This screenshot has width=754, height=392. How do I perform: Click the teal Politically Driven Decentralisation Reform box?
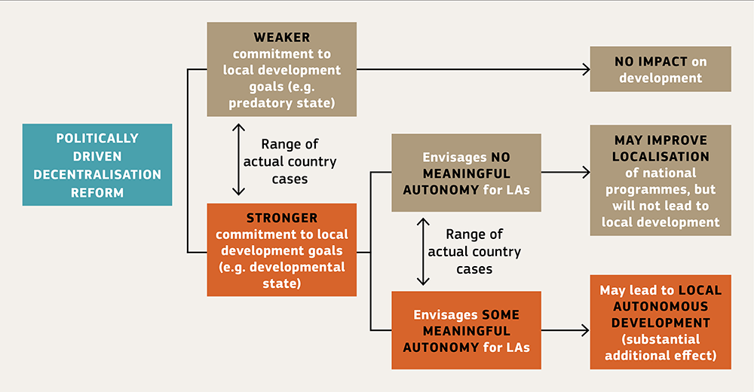97,165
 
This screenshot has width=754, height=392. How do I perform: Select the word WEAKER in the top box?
282,37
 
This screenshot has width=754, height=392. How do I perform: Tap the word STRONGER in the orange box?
282,218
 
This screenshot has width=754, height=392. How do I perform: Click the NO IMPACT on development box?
660,69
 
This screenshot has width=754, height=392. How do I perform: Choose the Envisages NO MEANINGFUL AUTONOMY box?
466,173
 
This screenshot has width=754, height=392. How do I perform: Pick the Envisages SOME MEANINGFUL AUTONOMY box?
466,330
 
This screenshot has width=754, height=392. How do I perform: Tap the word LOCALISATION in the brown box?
661,157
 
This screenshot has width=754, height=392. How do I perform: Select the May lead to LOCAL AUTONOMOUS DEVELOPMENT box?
661,322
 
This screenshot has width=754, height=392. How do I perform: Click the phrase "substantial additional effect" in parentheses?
661,348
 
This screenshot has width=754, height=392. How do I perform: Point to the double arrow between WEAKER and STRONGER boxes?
239,161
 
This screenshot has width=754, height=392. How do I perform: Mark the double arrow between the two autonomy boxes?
423,251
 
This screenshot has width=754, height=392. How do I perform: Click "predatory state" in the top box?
282,103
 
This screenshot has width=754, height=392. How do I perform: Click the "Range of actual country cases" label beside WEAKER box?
289,161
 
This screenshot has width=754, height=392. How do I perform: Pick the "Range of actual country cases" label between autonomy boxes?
474,251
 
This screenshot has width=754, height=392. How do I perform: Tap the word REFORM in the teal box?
97,192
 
